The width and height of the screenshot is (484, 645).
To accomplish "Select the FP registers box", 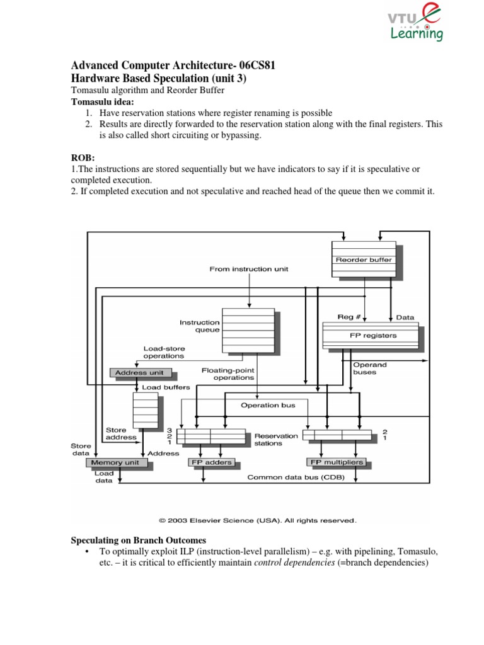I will point(370,335).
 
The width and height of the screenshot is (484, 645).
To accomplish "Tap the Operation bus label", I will point(268,405).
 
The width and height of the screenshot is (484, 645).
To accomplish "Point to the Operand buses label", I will point(370,368).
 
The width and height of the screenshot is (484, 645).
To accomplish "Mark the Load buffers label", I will point(165,387).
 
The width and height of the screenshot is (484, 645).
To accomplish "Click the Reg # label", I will point(349,317).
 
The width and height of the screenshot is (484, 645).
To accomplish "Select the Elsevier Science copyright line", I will point(257,521).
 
